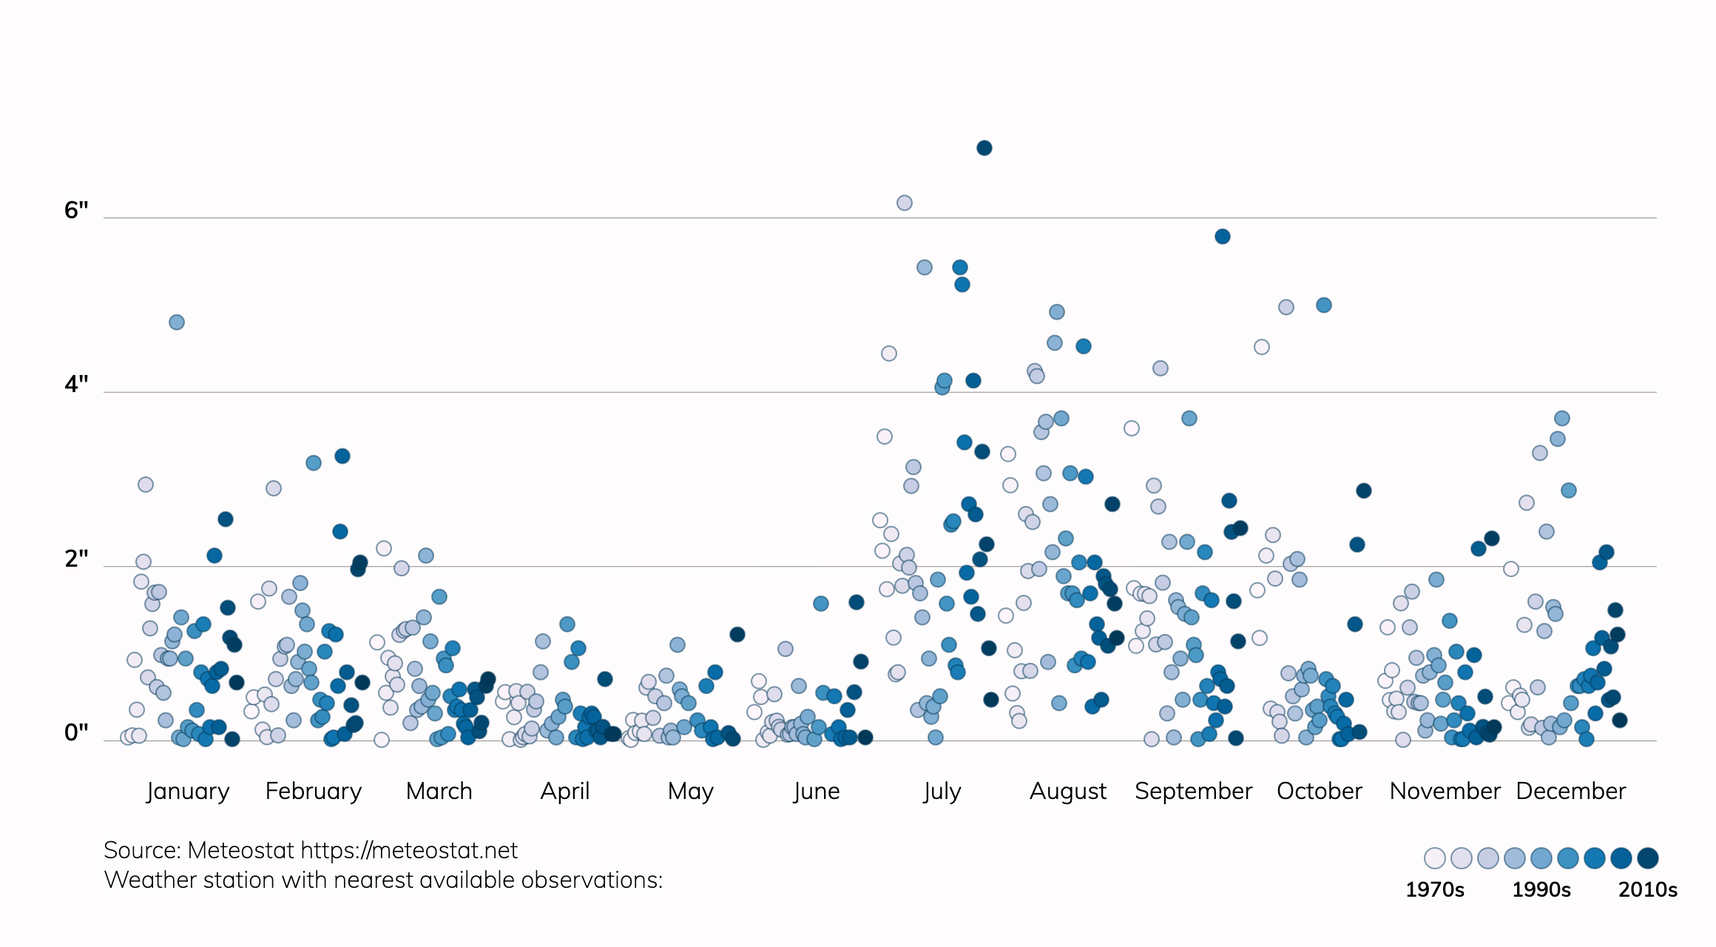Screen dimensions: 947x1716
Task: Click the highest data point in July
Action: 984,148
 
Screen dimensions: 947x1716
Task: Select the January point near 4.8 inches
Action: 176,322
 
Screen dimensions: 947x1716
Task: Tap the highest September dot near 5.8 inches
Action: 1222,236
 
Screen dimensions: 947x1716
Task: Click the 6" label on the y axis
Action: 76,211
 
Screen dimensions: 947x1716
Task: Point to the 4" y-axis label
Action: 76,385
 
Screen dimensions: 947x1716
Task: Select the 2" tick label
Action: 76,559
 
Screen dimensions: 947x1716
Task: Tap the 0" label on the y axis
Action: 76,733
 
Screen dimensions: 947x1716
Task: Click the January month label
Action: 188,791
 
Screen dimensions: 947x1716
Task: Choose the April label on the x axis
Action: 565,791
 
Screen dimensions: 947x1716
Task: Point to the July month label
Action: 942,792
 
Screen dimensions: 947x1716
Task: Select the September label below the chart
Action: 1193,792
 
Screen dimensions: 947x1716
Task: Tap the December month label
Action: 1571,791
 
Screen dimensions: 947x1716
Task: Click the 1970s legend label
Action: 1434,889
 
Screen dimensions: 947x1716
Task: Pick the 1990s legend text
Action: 1541,889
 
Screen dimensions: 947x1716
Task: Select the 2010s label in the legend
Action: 1647,889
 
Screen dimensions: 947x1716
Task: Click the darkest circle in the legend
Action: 1647,858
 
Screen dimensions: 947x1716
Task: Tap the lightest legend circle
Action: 1434,858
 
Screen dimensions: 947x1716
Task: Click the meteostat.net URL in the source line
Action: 409,851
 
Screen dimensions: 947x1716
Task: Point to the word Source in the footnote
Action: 142,851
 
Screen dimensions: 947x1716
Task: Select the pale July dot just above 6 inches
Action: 904,203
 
